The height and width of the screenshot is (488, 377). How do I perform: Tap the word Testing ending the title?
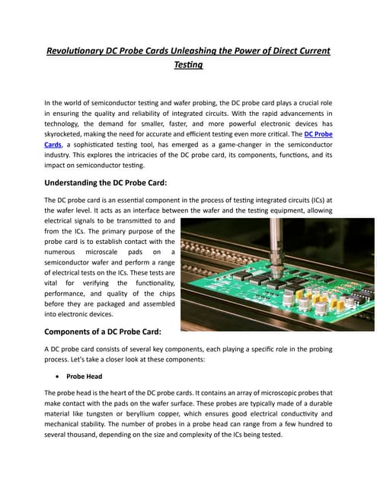point(188,66)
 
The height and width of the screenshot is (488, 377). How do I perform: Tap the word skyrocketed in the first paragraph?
point(72,133)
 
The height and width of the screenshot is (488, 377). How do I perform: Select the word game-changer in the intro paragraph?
point(245,144)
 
